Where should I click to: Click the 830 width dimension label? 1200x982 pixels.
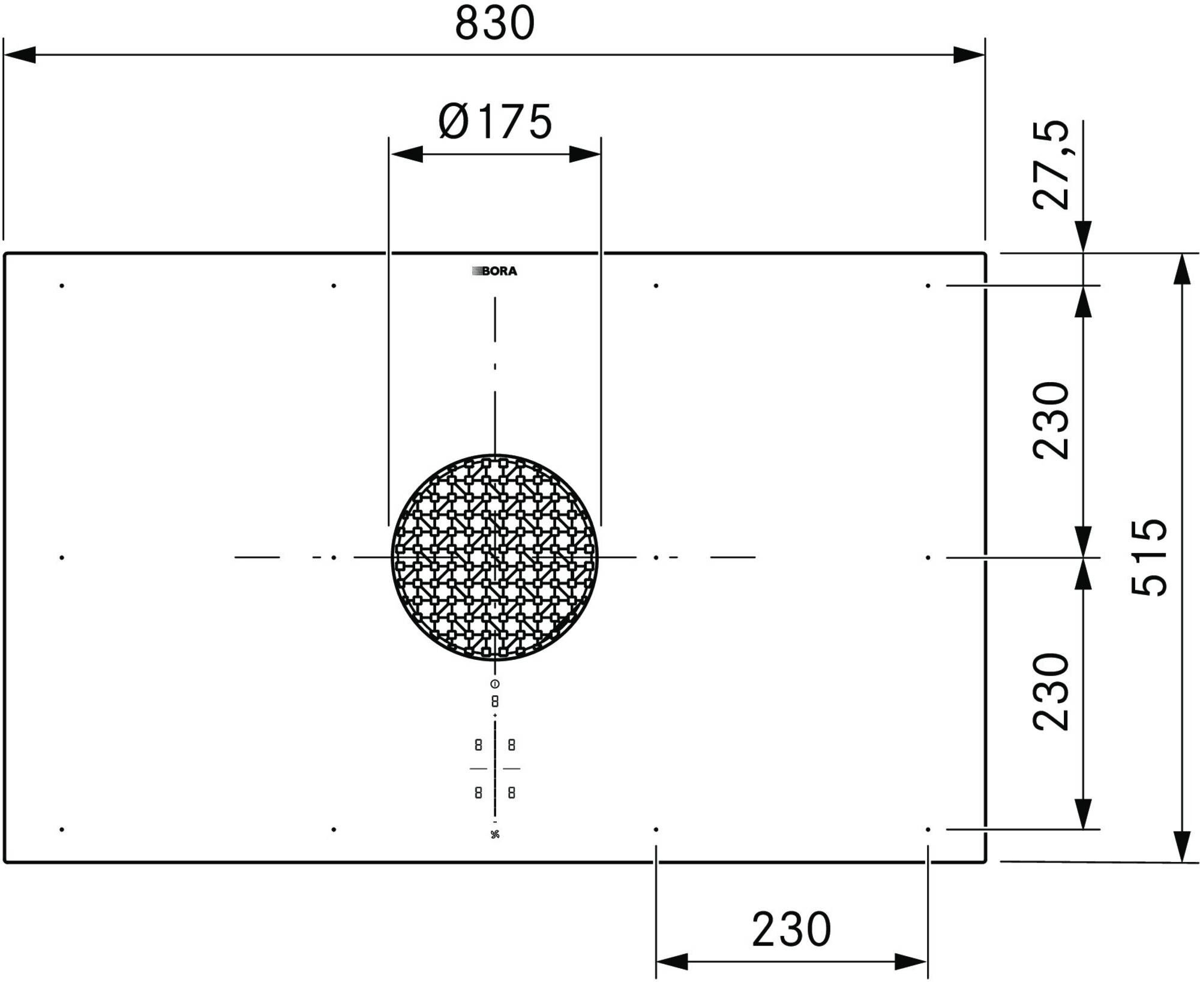click(494, 23)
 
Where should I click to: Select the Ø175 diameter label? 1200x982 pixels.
click(495, 121)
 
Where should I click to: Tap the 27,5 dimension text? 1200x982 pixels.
click(1051, 165)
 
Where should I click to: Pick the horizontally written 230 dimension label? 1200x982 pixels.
click(791, 929)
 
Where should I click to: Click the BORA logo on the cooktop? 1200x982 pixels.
click(494, 271)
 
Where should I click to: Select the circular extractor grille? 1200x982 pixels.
click(495, 557)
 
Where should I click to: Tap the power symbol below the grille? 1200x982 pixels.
click(495, 684)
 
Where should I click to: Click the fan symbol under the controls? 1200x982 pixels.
click(495, 834)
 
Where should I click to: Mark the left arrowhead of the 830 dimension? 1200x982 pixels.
click(20, 55)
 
